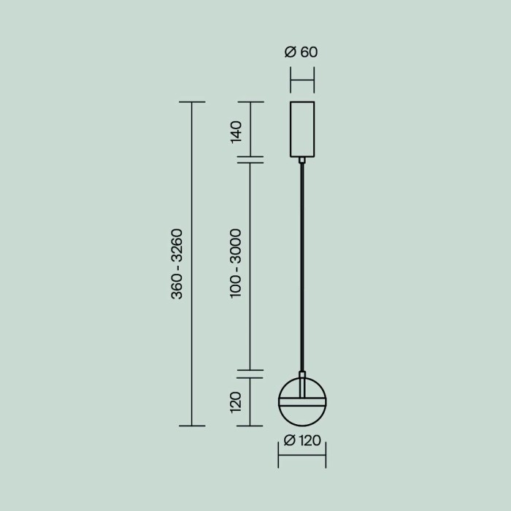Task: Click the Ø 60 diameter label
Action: tap(301, 52)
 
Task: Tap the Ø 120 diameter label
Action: tap(301, 442)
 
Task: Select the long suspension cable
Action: tap(301, 270)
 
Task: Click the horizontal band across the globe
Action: tap(301, 401)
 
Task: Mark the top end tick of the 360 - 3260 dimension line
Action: tap(192, 102)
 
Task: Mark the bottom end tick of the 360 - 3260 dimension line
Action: tap(192, 426)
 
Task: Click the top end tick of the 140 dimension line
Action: tap(250, 102)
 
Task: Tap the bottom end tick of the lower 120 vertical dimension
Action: tap(250, 426)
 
